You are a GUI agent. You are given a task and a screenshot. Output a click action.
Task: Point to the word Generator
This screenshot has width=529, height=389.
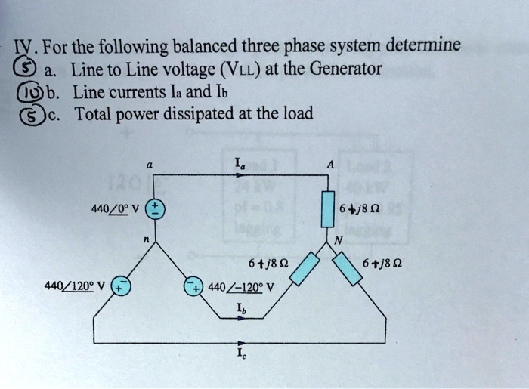coord(343,70)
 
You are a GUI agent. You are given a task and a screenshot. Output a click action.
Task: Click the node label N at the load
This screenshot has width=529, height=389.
coord(339,240)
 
